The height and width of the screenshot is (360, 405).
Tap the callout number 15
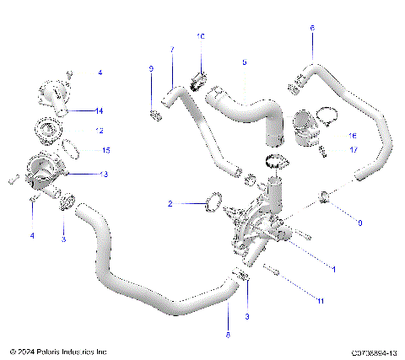[105, 151]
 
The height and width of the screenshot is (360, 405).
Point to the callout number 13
[104, 175]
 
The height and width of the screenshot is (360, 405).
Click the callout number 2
[170, 203]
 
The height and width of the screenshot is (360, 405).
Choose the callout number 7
[171, 50]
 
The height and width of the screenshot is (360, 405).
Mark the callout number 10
[200, 37]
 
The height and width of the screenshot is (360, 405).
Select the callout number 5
[244, 62]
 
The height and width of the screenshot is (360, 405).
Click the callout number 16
[352, 135]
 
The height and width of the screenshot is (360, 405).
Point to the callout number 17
[354, 151]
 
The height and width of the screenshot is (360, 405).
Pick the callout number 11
[321, 300]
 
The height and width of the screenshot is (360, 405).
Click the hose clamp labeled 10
[199, 81]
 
